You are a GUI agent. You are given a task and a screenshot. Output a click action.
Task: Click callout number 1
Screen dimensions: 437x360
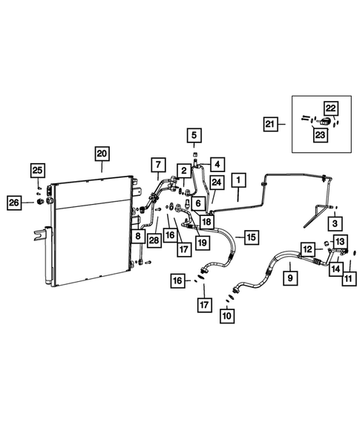click(238, 180)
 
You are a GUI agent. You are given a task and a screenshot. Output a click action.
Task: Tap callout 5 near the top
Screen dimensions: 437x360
click(193, 135)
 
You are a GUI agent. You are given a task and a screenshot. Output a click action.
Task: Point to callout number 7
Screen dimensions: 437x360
click(157, 164)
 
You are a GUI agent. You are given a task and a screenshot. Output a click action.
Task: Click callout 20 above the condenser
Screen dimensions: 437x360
click(101, 154)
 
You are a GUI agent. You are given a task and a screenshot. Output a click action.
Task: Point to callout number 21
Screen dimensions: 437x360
click(269, 125)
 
